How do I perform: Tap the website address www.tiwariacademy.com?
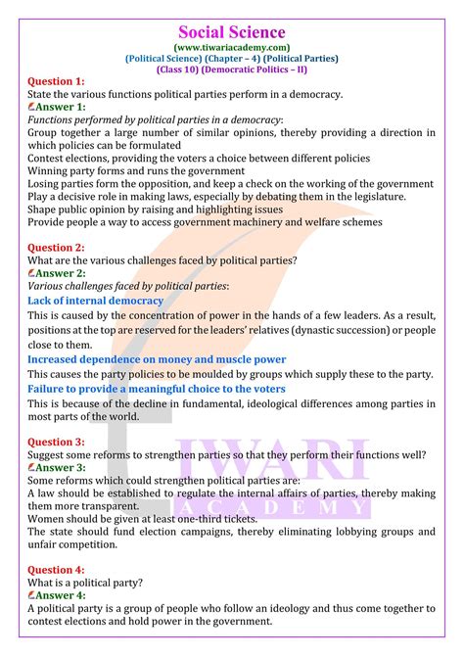tap(232, 45)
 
